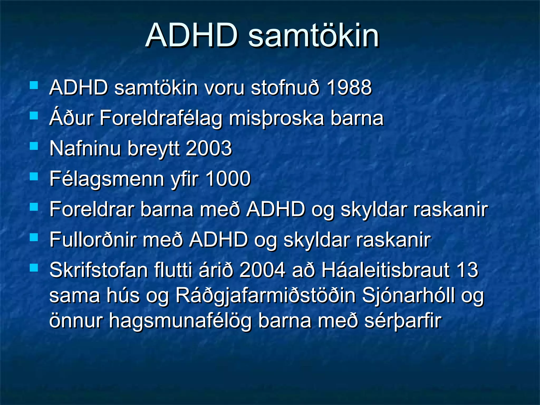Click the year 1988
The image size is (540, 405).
click(x=349, y=88)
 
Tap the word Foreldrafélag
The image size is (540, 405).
click(x=161, y=118)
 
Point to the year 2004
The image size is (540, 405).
click(x=262, y=270)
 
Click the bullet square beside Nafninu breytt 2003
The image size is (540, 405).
click(x=34, y=146)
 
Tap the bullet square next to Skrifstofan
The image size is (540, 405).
click(x=34, y=268)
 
